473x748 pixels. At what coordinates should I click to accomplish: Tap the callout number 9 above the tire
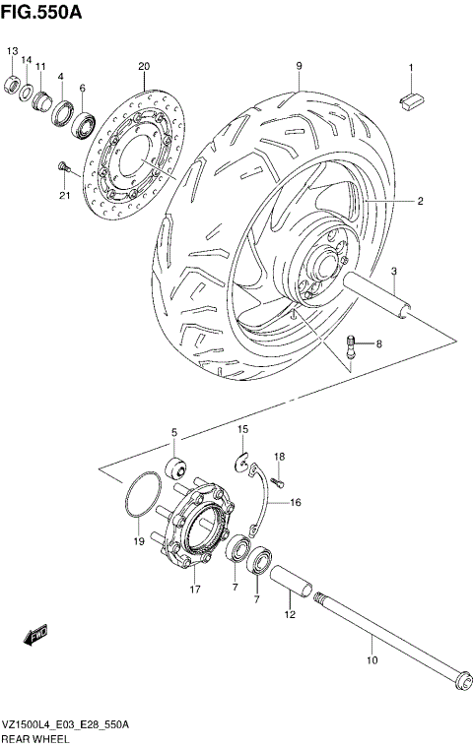coord(297,66)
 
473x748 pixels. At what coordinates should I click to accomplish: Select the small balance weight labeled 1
coord(411,95)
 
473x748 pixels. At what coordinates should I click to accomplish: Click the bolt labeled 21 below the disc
coord(62,166)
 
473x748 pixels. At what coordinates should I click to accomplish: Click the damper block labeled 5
coord(178,466)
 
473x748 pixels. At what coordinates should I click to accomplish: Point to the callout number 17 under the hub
coord(195,590)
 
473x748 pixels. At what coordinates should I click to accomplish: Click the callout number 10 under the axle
coord(372,660)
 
